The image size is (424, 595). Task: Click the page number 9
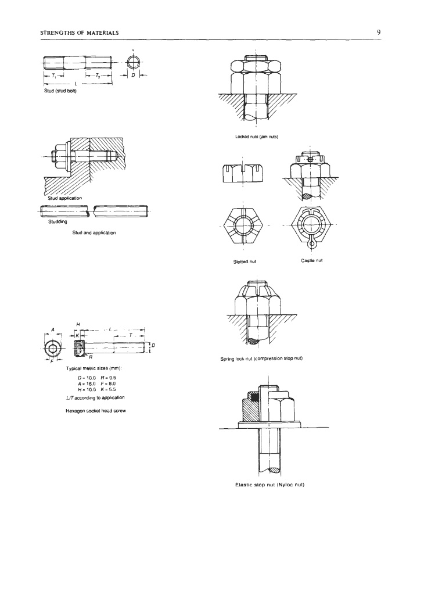379,33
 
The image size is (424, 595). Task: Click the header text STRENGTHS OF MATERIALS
79,33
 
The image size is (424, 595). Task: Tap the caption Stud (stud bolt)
60,91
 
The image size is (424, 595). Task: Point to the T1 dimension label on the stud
54,76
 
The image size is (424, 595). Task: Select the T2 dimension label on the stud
98,76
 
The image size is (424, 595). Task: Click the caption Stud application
64,198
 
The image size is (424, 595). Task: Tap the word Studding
58,221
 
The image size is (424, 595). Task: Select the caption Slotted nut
245,262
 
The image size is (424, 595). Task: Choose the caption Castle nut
312,261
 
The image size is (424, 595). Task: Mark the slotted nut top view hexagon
243,226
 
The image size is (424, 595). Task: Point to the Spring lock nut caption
261,359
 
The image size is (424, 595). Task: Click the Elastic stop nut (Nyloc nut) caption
270,485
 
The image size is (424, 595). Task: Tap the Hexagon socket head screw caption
96,411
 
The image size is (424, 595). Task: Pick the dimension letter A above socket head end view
53,329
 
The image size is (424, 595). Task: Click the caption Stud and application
94,232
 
